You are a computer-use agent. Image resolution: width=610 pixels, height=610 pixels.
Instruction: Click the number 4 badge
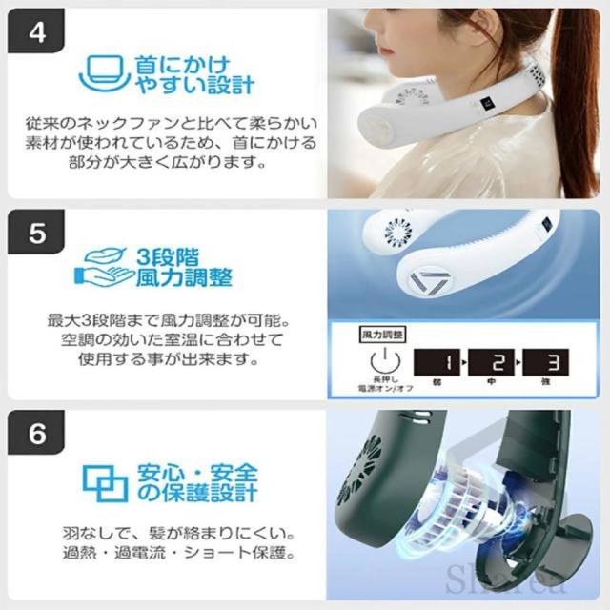pos(37,37)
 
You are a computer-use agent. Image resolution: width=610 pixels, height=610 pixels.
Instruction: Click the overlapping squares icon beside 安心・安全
pos(105,482)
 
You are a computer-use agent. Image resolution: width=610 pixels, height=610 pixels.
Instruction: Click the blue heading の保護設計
pos(209,493)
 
